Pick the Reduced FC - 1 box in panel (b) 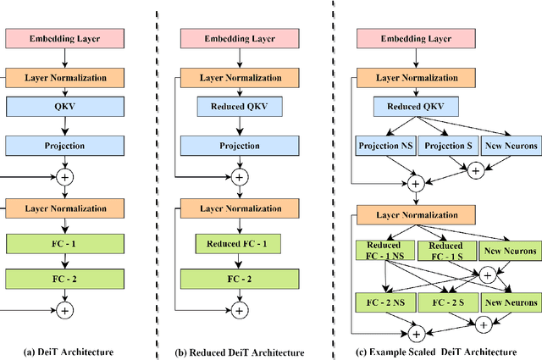[x=240, y=246]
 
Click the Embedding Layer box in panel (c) [x=415, y=40]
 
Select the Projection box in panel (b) [x=240, y=145]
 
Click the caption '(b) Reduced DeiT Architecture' [x=239, y=352]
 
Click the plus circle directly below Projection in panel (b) [x=240, y=177]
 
